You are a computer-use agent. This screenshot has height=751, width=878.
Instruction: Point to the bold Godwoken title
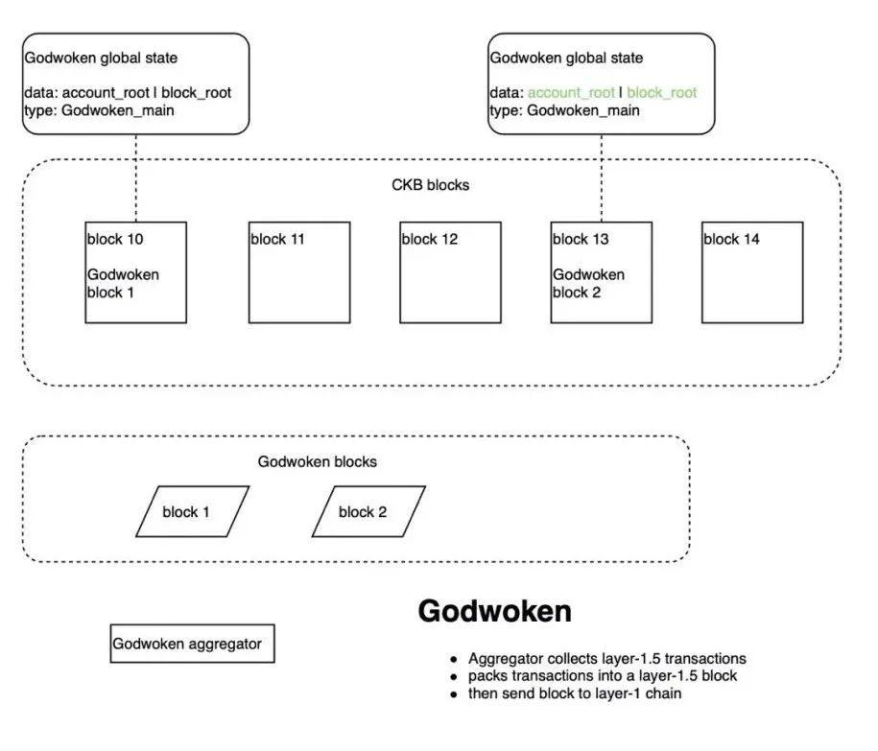pos(494,611)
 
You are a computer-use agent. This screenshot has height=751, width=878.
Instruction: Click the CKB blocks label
pos(430,185)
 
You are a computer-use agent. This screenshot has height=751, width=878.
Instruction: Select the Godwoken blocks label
pos(317,461)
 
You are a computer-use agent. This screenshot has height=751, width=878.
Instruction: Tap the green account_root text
pos(571,93)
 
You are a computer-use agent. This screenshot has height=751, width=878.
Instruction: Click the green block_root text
pos(662,93)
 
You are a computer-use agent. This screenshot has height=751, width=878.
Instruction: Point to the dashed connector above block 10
pos(136,178)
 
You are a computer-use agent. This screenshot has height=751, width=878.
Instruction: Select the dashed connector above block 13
pos(602,178)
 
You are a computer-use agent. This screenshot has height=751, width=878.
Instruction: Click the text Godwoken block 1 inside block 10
pos(123,283)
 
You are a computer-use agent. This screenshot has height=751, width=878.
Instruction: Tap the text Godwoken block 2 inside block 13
pos(588,283)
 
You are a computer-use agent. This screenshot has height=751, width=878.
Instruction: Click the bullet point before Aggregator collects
pos(454,660)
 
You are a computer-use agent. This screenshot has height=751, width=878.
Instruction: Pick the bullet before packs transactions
pos(454,677)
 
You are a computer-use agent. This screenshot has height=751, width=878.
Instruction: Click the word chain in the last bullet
pos(664,693)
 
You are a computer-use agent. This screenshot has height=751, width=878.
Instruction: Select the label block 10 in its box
pos(115,239)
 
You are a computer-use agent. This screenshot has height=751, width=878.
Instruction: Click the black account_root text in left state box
pos(106,93)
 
